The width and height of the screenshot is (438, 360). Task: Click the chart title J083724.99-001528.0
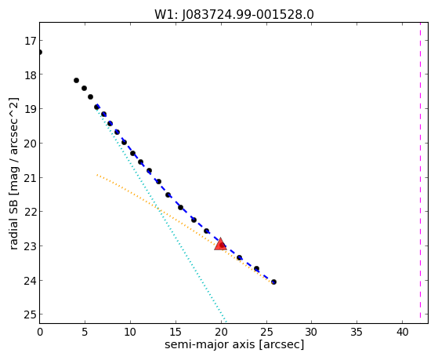[x=234, y=14]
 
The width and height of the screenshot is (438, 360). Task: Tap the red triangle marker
[x=220, y=244]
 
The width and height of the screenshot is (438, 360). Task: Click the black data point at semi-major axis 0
[x=40, y=52]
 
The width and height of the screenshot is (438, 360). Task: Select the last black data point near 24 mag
[x=273, y=282]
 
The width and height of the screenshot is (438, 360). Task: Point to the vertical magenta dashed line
[x=420, y=173]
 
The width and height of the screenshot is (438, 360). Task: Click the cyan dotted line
[x=161, y=214]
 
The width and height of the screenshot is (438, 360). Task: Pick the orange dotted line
[x=184, y=228]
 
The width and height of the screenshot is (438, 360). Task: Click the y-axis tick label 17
[x=31, y=41]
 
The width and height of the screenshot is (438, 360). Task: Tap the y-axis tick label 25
[x=31, y=315]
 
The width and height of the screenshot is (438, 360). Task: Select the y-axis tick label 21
[x=31, y=177]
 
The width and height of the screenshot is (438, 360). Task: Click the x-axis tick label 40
[x=402, y=332]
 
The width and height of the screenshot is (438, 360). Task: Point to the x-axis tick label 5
[x=85, y=332]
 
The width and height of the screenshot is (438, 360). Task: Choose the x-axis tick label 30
[x=311, y=332]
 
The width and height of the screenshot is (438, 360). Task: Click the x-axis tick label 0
[x=40, y=332]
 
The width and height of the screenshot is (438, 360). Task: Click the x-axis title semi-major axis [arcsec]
[x=234, y=344]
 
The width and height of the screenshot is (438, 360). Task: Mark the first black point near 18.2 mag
[x=76, y=81]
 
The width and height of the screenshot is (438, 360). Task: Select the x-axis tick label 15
[x=176, y=332]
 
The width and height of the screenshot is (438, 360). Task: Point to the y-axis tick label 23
[x=31, y=246]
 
